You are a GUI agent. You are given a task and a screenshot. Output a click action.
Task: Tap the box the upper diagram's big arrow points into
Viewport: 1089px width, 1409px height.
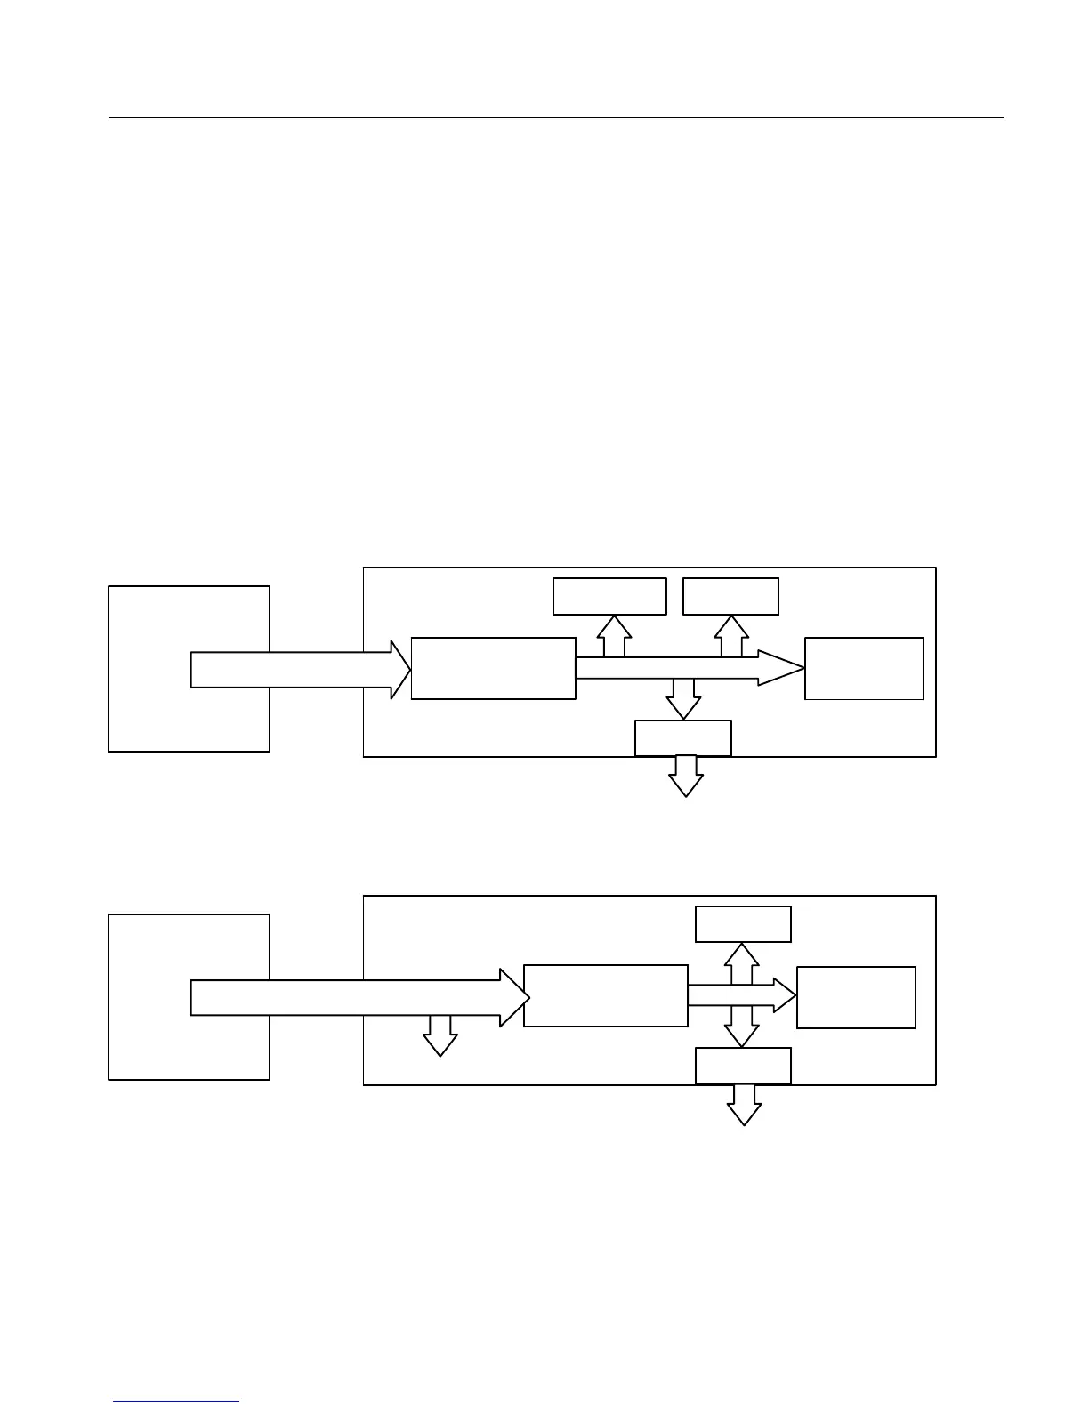(x=493, y=668)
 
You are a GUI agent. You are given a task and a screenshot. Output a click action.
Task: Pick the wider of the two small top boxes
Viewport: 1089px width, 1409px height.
(x=609, y=596)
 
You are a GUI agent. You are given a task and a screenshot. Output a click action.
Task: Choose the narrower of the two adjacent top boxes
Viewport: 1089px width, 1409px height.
(x=730, y=596)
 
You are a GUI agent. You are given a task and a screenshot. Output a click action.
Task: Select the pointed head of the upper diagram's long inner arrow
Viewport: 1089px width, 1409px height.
(x=783, y=668)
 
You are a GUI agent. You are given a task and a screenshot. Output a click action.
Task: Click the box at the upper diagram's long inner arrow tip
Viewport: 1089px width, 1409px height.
(x=863, y=668)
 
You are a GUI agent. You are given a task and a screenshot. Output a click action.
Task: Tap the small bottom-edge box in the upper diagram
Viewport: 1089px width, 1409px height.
(x=682, y=737)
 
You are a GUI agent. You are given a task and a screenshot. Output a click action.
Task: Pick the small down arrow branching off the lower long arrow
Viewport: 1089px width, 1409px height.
(x=440, y=1035)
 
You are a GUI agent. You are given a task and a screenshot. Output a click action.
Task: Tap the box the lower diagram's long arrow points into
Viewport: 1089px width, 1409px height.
(x=605, y=995)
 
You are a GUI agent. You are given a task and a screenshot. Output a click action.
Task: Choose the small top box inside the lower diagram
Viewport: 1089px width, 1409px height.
(x=743, y=923)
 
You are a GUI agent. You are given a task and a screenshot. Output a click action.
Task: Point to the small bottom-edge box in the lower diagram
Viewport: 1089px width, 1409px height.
(x=743, y=1066)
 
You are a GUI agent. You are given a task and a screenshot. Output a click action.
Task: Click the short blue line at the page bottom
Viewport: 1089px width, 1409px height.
(x=176, y=1402)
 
